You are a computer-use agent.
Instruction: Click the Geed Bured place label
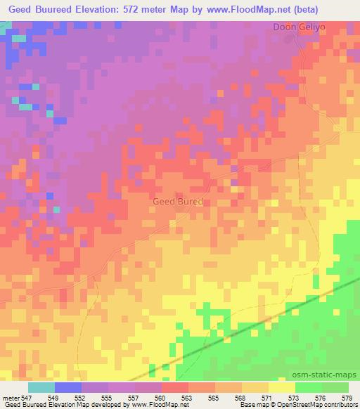178,202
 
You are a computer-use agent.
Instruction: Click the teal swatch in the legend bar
41,387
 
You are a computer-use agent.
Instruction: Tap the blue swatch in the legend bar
67,387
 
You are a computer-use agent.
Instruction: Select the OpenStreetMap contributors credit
316,405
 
